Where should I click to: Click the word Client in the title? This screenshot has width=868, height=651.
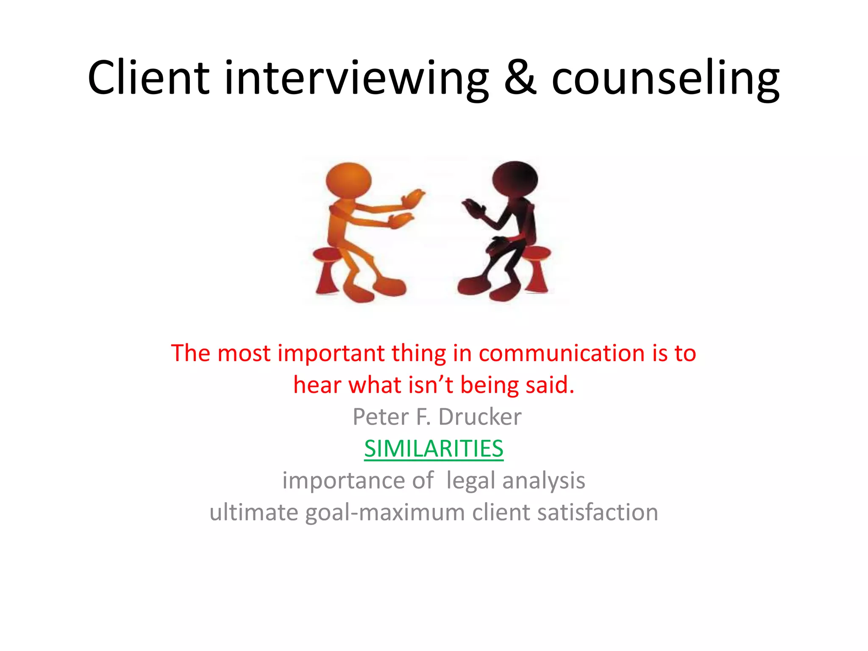[148, 78]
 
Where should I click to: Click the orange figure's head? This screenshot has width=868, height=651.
[348, 181]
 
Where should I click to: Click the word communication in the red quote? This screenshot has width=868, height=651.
[562, 353]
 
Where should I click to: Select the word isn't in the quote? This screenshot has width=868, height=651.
[431, 385]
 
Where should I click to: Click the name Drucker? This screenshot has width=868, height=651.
[480, 417]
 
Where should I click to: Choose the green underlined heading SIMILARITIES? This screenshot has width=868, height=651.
[434, 449]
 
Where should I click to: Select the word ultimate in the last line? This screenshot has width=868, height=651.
[254, 512]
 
